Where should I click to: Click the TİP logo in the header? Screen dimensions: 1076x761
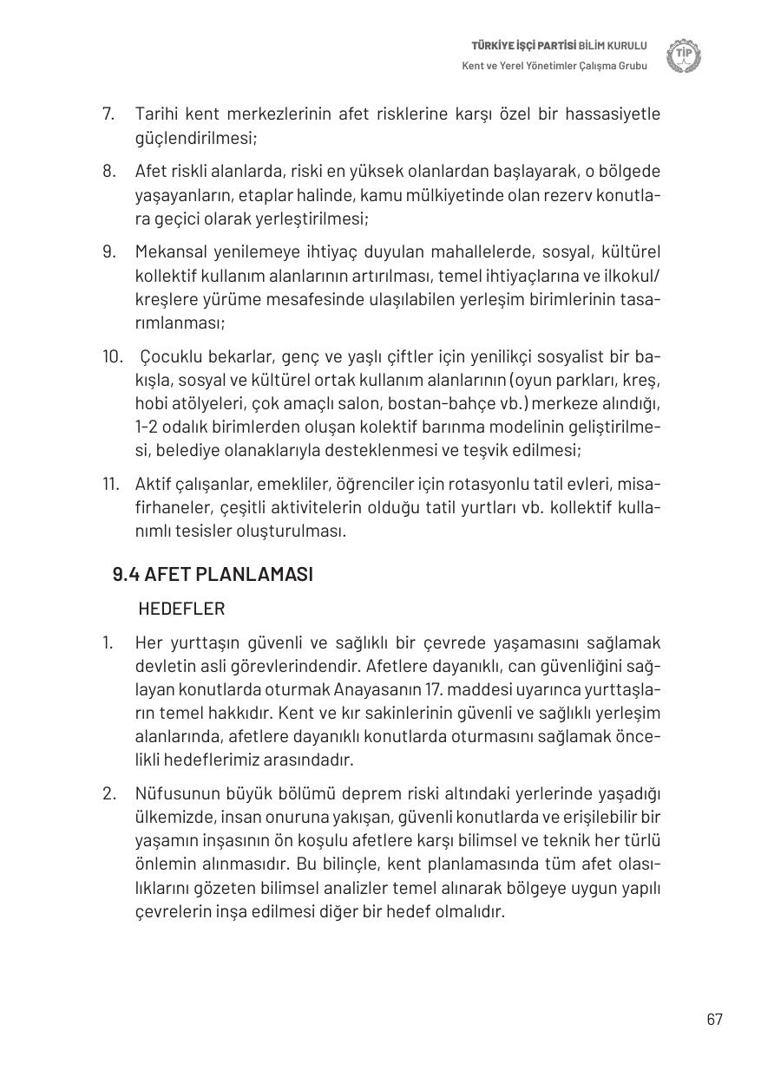[x=684, y=56]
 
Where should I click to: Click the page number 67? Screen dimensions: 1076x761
[x=714, y=1020]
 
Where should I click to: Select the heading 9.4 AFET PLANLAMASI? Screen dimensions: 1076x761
[x=213, y=575]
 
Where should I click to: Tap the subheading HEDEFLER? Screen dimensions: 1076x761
[x=181, y=609]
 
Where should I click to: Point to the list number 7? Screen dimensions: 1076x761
[x=108, y=114]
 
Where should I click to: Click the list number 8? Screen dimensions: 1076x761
[x=108, y=172]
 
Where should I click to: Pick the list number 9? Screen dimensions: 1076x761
[x=108, y=252]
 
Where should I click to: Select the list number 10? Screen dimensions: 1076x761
[x=111, y=357]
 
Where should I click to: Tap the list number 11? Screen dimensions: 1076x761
[x=110, y=484]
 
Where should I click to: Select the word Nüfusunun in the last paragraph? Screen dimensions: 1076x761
[x=174, y=794]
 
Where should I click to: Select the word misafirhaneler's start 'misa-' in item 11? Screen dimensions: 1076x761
[x=642, y=484]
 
